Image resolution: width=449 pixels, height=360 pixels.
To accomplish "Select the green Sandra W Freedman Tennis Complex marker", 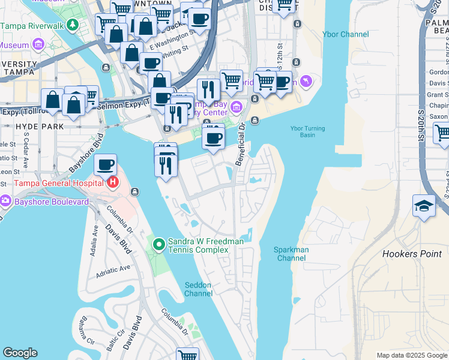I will (158, 244).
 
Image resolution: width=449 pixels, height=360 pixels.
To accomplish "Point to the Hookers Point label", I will (412, 254).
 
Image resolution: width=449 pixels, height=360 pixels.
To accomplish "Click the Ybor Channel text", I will (345, 34).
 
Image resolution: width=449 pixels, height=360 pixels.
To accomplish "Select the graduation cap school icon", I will (424, 206).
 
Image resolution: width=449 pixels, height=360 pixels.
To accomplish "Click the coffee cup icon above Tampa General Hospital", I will (106, 164).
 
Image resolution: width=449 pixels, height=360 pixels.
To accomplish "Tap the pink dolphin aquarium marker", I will (306, 80).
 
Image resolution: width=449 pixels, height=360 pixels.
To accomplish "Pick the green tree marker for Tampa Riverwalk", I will (73, 25).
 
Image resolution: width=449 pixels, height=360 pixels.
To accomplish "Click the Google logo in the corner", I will (20, 353).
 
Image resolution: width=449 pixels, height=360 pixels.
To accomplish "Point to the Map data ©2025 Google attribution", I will (412, 355).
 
